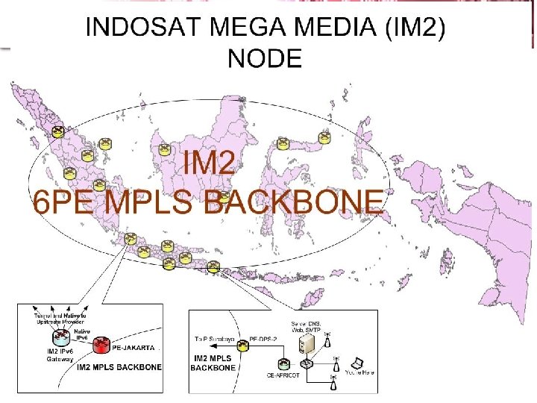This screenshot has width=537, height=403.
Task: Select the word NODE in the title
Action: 265,57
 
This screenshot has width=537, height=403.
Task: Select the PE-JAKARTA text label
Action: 134,348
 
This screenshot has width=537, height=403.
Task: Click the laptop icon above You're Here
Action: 358,363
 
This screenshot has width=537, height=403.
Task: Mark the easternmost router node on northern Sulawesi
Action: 324,137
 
